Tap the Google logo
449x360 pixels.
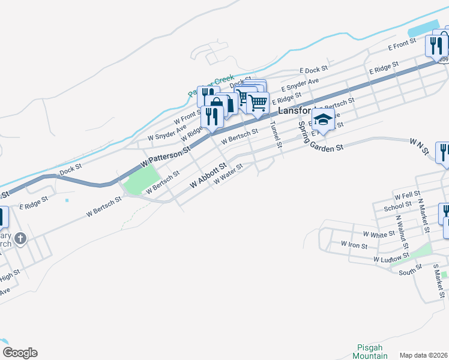(20, 353)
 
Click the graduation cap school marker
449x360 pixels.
(324, 120)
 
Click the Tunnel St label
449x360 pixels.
(275, 134)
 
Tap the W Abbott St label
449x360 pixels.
(209, 175)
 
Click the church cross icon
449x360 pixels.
(20, 239)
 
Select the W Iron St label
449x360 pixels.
(354, 245)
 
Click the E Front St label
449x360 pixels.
(402, 44)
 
